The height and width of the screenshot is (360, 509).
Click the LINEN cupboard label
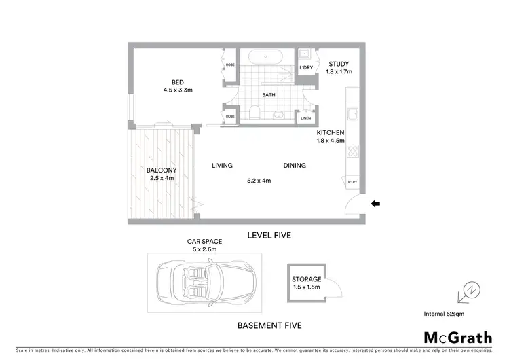click(305, 120)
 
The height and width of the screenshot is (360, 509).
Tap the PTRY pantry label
click(352, 182)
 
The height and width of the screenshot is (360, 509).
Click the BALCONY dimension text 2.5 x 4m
click(162, 179)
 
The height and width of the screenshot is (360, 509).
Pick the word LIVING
click(222, 165)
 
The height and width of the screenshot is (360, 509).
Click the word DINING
click(295, 165)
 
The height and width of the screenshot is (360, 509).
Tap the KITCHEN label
click(331, 132)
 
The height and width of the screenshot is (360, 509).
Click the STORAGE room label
click(306, 279)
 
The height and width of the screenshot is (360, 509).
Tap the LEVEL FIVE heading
click(269, 236)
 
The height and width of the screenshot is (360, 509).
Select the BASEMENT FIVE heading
click(269, 325)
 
